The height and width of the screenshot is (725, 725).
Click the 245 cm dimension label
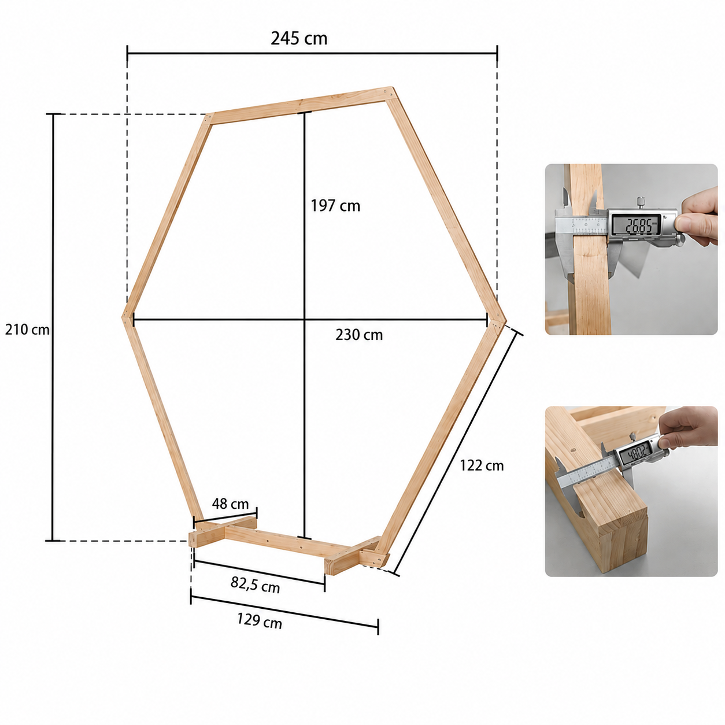pyautogui.click(x=299, y=38)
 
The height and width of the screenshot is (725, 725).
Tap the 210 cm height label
pyautogui.click(x=27, y=330)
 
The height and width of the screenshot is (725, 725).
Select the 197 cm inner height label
pyautogui.click(x=335, y=206)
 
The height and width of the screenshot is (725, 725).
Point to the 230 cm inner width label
pyautogui.click(x=359, y=335)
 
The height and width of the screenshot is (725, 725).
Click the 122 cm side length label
pyautogui.click(x=482, y=465)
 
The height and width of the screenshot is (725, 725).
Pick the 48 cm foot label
pyautogui.click(x=230, y=504)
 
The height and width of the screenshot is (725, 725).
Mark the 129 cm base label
pyautogui.click(x=259, y=621)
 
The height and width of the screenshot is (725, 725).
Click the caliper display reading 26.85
pyautogui.click(x=637, y=225)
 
